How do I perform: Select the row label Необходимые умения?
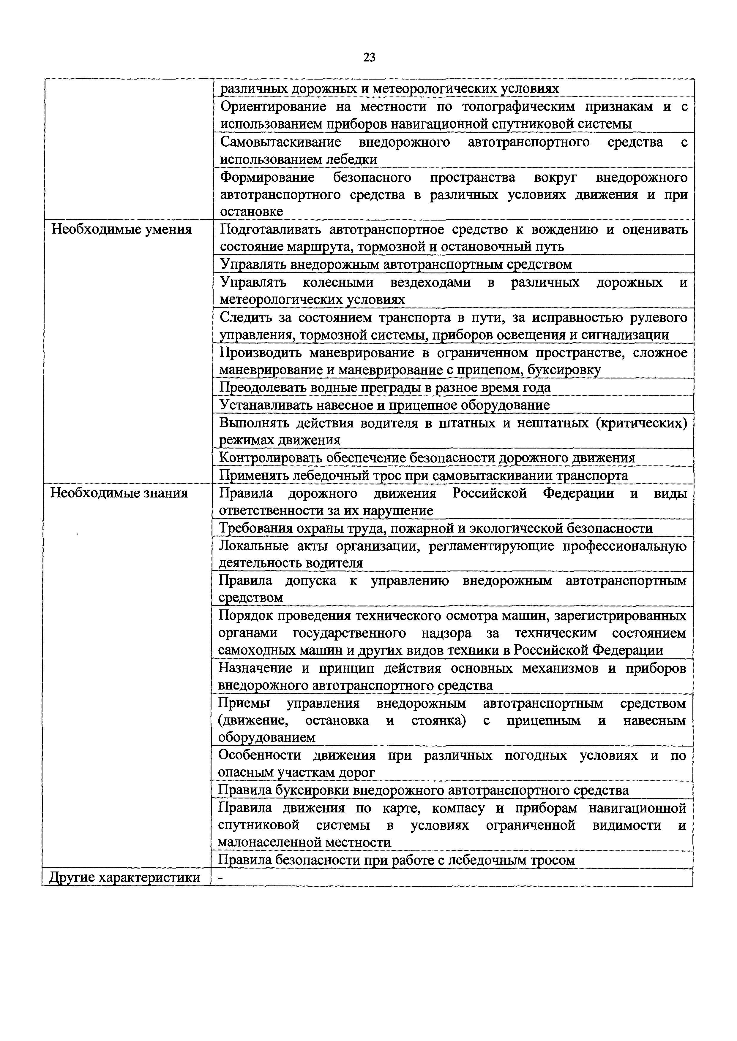click(x=121, y=229)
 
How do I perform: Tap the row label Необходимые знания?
click(x=119, y=493)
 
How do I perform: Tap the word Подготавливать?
click(x=271, y=230)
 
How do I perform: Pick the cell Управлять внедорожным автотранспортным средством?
click(x=396, y=264)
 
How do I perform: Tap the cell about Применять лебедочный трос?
click(x=423, y=475)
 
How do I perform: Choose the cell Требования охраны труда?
click(x=436, y=528)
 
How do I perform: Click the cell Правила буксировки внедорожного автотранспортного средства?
click(x=423, y=790)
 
